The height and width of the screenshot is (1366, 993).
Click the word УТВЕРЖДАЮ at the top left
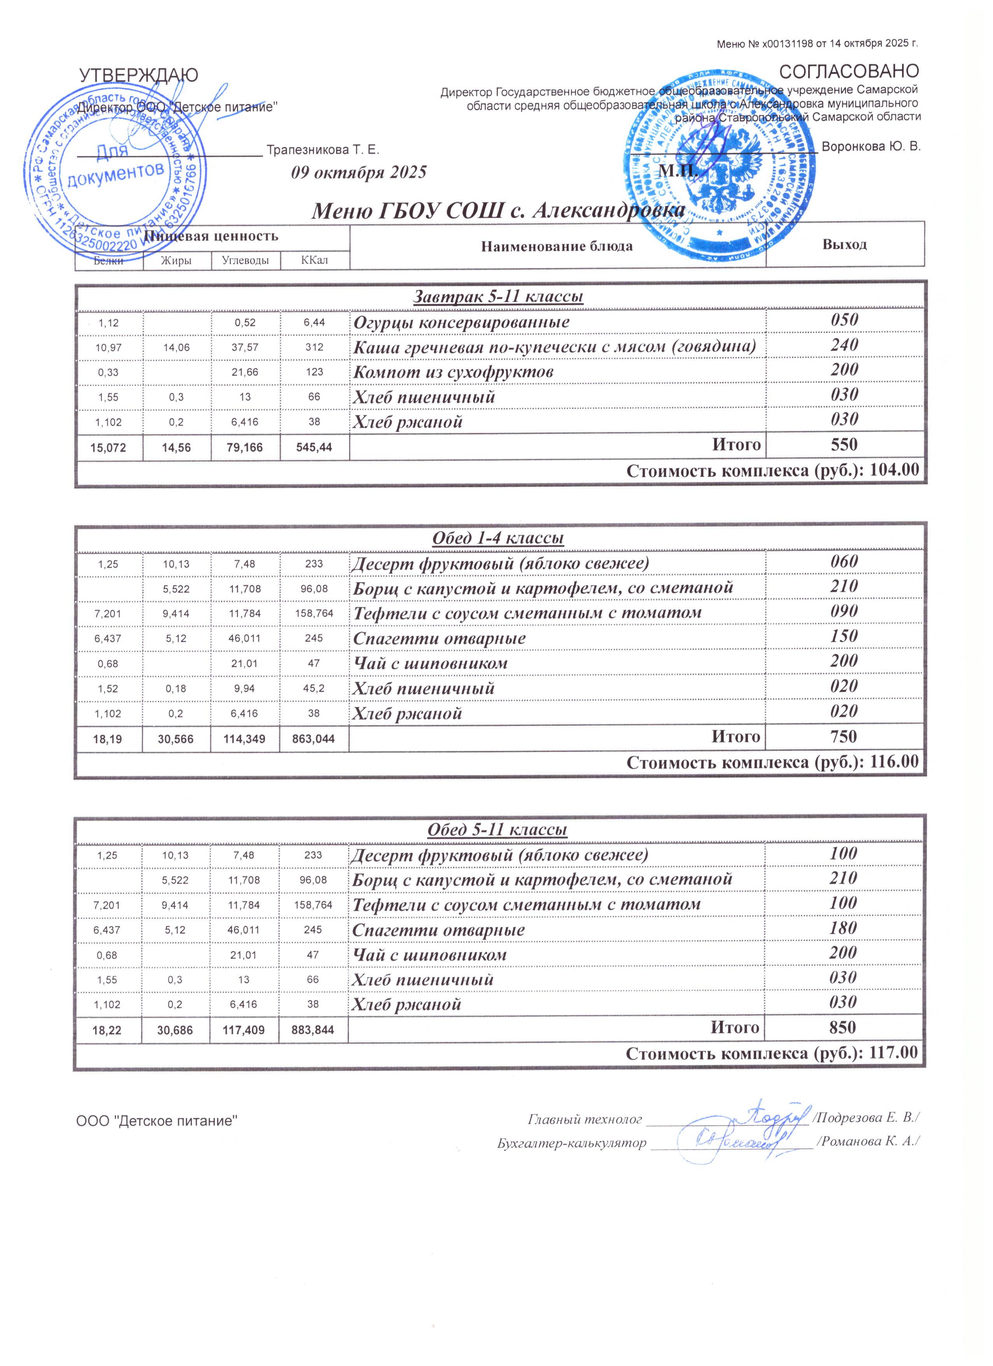click(x=139, y=76)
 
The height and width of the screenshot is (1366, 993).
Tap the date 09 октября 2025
click(x=359, y=173)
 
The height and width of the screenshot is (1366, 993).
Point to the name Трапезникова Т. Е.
click(x=323, y=149)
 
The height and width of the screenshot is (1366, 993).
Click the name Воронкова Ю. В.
click(x=871, y=146)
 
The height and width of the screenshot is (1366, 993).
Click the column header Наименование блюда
click(x=557, y=246)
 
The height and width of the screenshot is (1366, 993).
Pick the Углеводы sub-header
click(x=245, y=261)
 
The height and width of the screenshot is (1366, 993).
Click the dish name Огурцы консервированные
click(x=461, y=322)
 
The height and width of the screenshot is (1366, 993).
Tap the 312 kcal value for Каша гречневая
click(x=314, y=348)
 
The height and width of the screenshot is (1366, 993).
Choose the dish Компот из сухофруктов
click(x=453, y=372)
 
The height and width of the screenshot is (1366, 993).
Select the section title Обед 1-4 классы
click(x=498, y=538)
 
